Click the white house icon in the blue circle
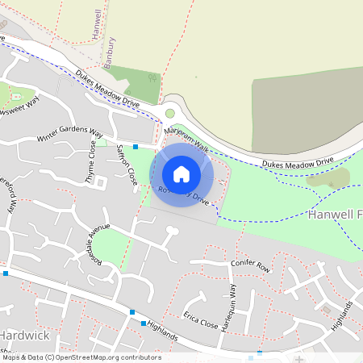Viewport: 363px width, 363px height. (x=181, y=173)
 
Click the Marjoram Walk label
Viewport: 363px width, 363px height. (x=185, y=140)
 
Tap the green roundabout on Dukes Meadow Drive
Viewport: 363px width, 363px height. (x=170, y=114)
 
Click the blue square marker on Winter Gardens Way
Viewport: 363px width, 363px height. (x=136, y=147)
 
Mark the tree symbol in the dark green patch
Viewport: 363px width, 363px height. (x=152, y=78)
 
